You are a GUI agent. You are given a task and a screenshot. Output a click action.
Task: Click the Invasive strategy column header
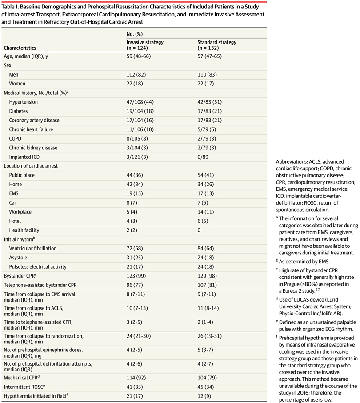coord(145,45)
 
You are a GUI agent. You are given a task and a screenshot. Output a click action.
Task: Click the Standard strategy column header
coord(217,45)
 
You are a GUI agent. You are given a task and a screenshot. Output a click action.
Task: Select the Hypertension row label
coord(24,102)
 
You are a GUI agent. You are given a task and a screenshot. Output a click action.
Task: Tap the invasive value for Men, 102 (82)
coord(136,75)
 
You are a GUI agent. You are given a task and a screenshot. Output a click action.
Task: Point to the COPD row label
coord(15,138)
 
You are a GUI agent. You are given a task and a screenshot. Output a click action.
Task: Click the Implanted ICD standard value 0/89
coord(203,157)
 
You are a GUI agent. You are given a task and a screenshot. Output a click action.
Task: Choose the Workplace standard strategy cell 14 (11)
coord(206,212)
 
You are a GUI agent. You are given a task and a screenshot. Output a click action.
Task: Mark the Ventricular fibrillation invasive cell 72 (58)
coord(135,248)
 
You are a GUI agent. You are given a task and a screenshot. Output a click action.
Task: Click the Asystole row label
coord(18,258)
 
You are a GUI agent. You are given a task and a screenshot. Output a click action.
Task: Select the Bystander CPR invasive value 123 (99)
coord(136,276)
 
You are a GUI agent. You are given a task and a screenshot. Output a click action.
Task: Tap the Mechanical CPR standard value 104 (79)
coord(207,378)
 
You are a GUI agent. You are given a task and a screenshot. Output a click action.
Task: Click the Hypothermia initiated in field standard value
coord(204,396)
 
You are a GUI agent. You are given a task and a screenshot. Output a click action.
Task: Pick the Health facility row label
coord(24,230)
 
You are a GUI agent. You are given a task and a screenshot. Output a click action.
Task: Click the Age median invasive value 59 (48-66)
coord(139,56)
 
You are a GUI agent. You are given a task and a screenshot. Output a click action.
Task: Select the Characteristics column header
coord(20,48)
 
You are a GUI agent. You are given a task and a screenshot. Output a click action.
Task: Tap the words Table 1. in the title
coord(10,7)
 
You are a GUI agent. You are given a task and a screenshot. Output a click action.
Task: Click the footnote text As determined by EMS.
coord(304,262)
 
